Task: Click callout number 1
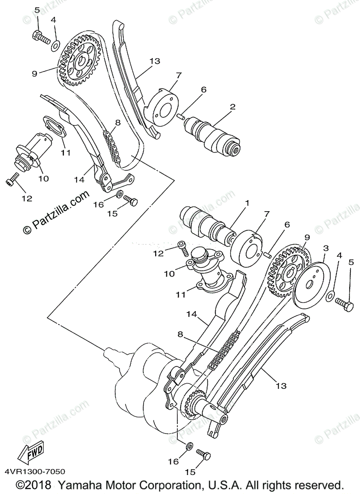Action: click(248, 203)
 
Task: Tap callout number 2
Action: click(232, 107)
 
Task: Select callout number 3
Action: click(325, 248)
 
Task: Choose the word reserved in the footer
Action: click(317, 485)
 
